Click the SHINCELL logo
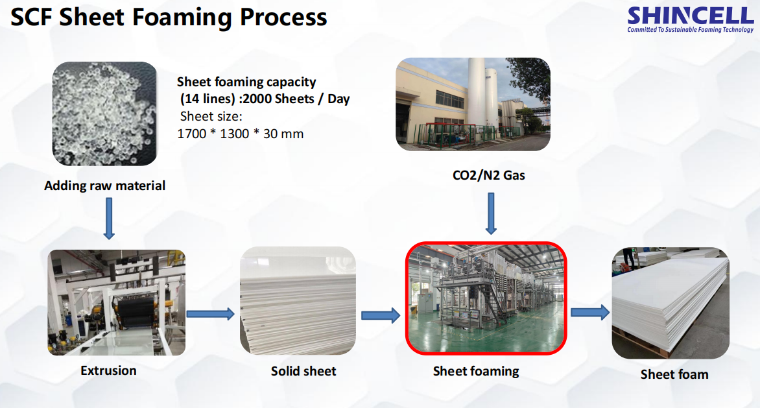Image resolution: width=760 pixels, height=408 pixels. point(690,20)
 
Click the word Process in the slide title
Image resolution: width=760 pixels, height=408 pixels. point(283,18)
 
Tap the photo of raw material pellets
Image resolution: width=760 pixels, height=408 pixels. point(104,114)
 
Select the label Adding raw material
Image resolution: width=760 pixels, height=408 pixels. point(104,186)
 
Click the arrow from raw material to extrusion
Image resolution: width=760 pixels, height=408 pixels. point(109,219)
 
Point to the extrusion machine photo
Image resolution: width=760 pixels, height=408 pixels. point(116,302)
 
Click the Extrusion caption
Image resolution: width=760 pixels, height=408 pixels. point(108,370)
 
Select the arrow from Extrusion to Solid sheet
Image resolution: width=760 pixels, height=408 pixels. point(210,314)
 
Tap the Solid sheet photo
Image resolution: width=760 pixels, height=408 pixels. point(298,300)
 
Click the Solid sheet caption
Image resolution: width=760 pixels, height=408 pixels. point(303,371)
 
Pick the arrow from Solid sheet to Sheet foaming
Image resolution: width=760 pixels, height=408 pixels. point(381,316)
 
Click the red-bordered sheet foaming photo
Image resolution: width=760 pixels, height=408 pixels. point(486,298)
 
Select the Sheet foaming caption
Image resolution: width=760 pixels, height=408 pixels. point(476,371)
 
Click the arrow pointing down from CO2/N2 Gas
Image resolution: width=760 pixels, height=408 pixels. point(491,213)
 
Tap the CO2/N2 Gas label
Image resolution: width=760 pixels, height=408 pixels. point(488,175)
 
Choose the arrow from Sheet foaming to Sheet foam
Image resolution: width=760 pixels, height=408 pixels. point(590,313)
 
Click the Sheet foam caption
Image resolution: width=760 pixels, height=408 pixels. point(674,374)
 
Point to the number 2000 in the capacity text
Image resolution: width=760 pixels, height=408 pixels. point(258,99)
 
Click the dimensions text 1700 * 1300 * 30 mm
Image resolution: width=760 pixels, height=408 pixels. point(241,134)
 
